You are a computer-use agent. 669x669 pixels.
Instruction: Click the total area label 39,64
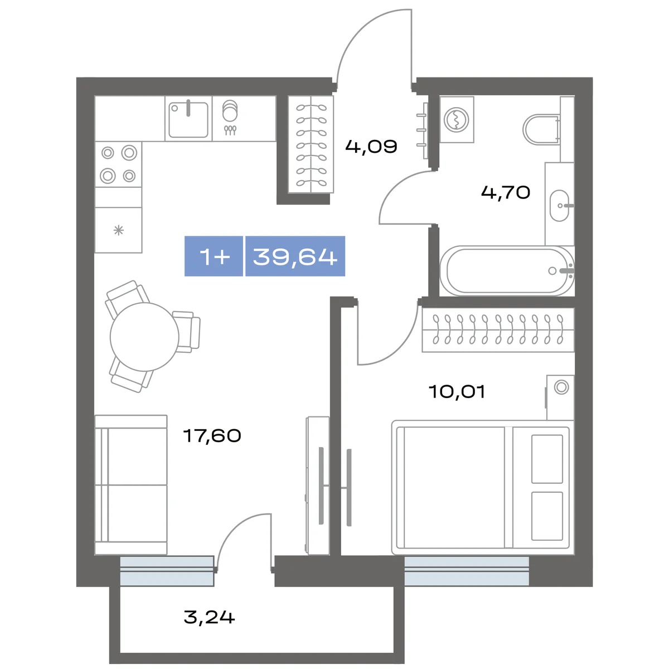pos(295,256)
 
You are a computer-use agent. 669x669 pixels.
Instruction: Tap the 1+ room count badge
pos(214,256)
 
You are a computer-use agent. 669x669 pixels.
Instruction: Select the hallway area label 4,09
pos(371,147)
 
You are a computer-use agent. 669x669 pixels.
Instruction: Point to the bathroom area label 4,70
pos(506,192)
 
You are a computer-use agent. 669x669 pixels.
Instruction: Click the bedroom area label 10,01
pos(457,391)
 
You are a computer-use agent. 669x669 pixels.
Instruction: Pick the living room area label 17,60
pos(212,436)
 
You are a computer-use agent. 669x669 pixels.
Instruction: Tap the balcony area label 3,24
pos(210,617)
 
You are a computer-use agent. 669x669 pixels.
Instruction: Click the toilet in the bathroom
pos(542,129)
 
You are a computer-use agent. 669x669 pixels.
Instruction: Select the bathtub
pos(507,271)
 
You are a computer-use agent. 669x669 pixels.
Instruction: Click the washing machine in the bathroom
pos(457,120)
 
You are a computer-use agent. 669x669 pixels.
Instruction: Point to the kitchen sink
pos(188,119)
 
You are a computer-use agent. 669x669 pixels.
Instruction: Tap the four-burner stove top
pos(118,164)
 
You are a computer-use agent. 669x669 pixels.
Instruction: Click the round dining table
pos(144,337)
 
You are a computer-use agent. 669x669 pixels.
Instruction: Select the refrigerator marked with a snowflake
pos(118,230)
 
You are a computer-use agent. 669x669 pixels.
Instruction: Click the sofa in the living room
pos(131,484)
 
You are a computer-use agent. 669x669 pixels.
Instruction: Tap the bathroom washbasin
pos(559,206)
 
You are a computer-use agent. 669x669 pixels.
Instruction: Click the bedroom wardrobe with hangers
pos(498,330)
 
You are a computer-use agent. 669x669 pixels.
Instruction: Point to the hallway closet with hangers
pos(311,144)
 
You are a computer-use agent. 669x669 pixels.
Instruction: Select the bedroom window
pos(467,571)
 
